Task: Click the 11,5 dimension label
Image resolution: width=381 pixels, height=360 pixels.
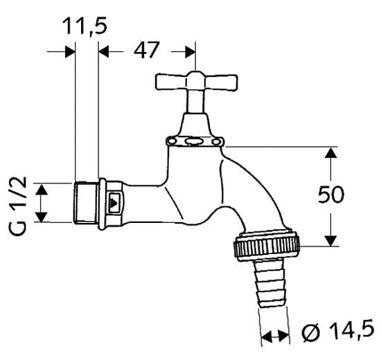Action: click(x=85, y=26)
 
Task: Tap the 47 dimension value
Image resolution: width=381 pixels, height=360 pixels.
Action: click(x=147, y=50)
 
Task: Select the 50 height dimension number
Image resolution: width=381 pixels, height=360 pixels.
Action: click(x=331, y=194)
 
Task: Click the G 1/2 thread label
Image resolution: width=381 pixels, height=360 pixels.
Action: click(x=18, y=206)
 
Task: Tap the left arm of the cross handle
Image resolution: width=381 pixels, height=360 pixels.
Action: click(x=171, y=82)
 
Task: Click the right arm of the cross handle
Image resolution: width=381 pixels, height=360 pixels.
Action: click(x=221, y=82)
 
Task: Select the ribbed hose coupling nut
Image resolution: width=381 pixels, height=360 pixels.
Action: click(x=267, y=246)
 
